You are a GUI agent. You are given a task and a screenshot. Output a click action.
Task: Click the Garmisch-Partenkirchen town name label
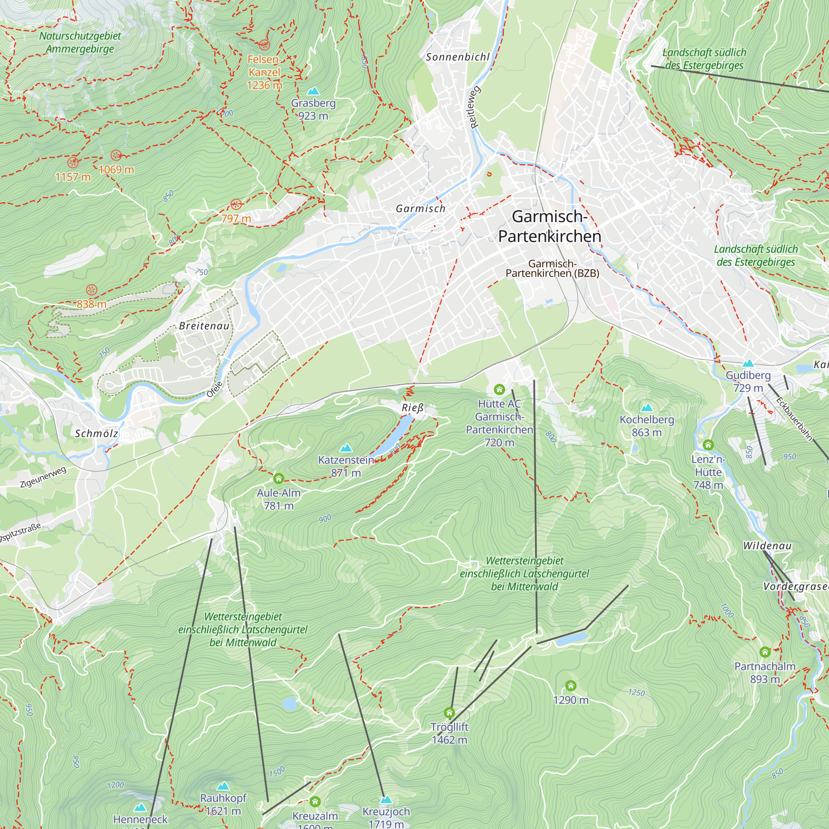pos(549,227)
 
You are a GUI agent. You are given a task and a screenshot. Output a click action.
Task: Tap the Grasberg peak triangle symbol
pos(314,91)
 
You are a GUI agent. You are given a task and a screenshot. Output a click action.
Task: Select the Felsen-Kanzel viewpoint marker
pos(264,44)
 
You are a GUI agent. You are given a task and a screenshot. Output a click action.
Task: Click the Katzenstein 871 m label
pos(346,466)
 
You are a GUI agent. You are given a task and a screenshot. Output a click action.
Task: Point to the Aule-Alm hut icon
pos(279,478)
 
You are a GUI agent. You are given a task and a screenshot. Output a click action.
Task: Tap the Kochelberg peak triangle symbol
pos(647,407)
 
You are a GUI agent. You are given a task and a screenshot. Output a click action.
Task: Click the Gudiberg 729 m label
pos(748,381)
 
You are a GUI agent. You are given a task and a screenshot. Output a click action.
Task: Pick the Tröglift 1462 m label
pos(449,733)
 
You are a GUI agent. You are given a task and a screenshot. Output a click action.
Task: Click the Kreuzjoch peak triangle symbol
pos(386,800)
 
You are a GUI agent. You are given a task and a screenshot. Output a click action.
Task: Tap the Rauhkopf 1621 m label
pos(223,805)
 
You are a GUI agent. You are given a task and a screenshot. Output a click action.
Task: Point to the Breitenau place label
pos(204,326)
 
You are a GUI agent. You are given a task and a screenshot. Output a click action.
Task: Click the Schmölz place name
pos(97,434)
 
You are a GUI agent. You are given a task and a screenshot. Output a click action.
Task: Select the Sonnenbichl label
pos(458,57)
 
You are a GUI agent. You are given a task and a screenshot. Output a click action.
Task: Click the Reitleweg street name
pos(475,107)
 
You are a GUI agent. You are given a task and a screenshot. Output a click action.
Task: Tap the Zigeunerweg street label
pos(43,477)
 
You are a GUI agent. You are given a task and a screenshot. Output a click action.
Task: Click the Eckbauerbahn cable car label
pos(794,419)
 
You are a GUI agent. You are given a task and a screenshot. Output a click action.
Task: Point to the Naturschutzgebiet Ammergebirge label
pos(80,42)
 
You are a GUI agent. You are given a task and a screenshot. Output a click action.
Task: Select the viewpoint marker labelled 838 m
pos(91,290)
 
